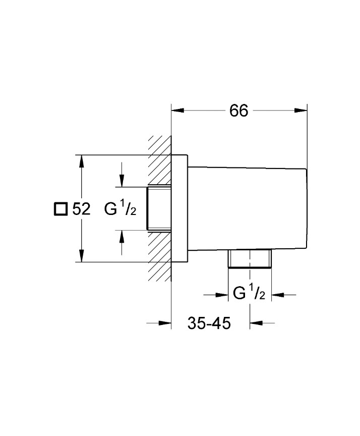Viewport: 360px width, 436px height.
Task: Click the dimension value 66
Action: [x=239, y=111]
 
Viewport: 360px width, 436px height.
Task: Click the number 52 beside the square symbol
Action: [x=81, y=209]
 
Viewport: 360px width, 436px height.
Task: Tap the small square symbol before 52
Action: [x=61, y=209]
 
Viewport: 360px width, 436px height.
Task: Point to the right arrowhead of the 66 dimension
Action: [x=301, y=111]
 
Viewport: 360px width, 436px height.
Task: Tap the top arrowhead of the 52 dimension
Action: [x=81, y=161]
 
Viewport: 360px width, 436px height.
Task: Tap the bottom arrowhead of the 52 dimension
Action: [x=81, y=256]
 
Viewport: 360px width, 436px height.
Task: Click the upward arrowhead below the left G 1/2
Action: [x=121, y=237]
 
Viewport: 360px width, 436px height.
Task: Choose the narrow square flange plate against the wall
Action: [x=180, y=209]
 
